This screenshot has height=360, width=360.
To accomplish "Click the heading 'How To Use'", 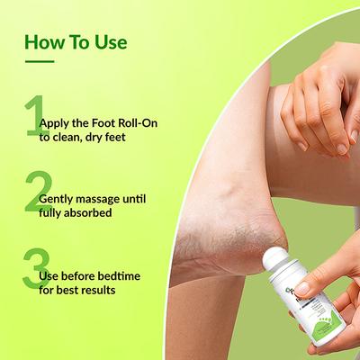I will click(75, 42).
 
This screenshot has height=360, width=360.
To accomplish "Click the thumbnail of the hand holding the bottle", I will click(307, 290).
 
